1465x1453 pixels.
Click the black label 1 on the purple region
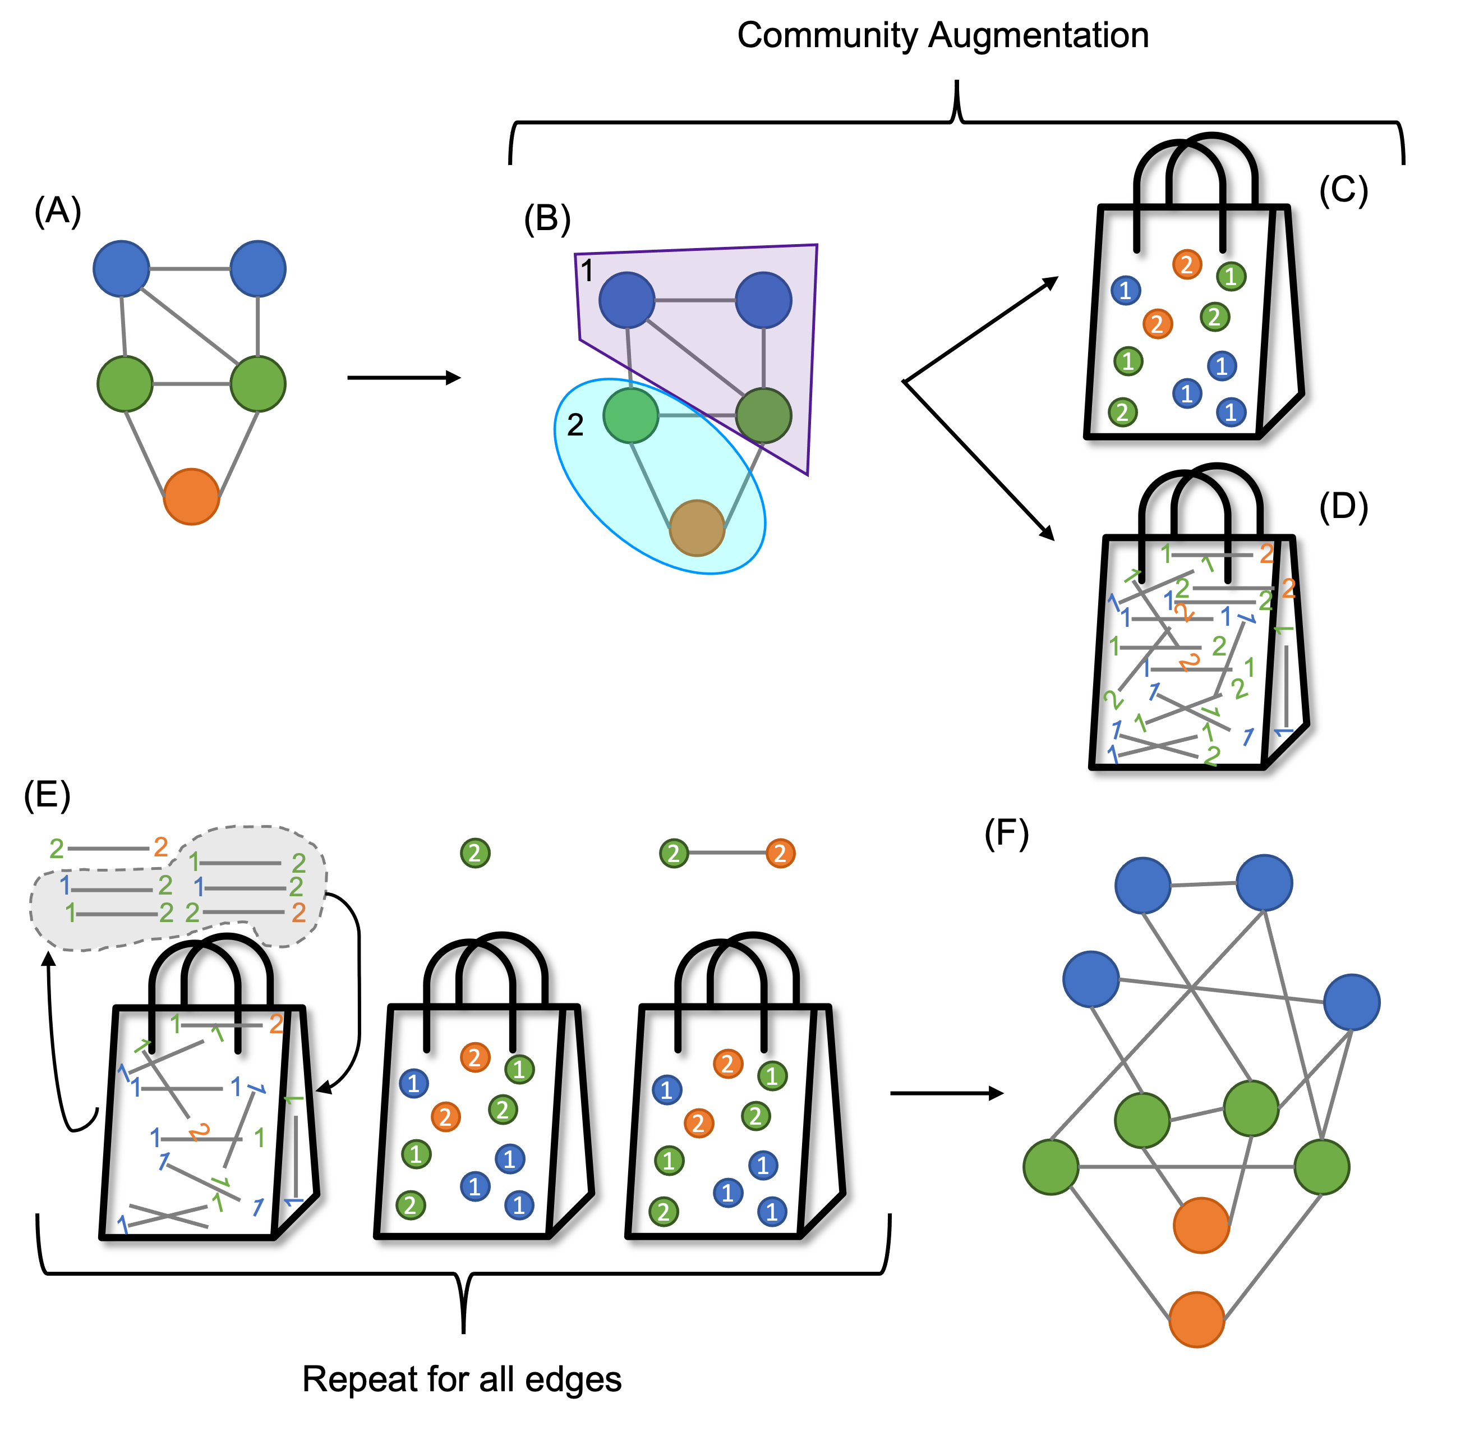tap(586, 270)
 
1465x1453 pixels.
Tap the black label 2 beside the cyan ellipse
tap(575, 425)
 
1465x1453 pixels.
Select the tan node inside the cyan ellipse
tap(696, 528)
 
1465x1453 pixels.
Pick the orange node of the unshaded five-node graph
tap(191, 496)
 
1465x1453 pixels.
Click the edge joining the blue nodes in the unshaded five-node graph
tap(190, 269)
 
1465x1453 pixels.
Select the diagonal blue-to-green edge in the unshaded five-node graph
tap(190, 326)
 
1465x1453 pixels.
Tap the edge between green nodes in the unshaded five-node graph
tap(191, 384)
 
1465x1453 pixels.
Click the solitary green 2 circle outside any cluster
tap(474, 853)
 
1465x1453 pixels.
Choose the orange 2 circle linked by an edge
tap(780, 853)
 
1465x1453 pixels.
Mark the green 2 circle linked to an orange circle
tap(674, 853)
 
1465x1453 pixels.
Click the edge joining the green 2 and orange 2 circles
tap(726, 853)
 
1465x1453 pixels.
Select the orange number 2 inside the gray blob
tap(299, 913)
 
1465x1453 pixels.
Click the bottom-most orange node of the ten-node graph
tap(1196, 1319)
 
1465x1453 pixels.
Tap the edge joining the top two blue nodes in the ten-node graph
tap(1204, 884)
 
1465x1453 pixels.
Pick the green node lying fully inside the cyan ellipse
tap(630, 415)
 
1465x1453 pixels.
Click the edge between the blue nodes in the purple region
tap(694, 300)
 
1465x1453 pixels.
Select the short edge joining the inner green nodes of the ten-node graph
tap(1196, 1115)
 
